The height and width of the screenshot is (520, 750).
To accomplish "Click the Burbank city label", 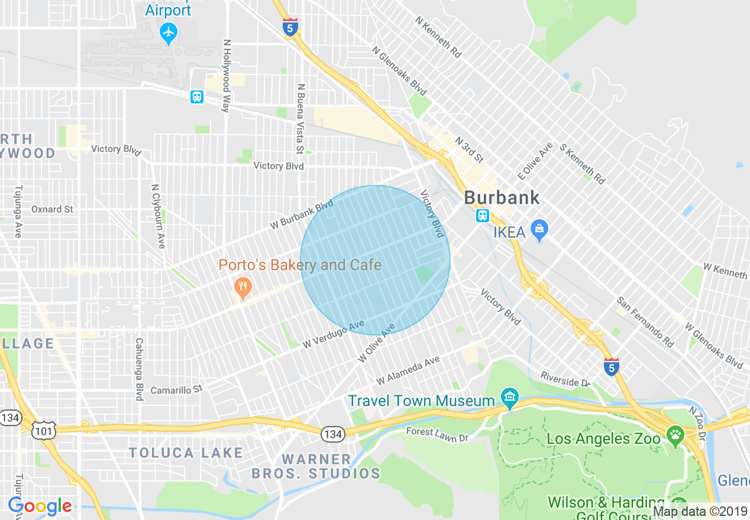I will point(502,197).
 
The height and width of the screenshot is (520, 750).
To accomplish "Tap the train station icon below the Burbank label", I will point(483,215).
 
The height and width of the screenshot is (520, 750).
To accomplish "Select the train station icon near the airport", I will point(197,96).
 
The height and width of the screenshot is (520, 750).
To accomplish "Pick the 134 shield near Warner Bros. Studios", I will point(333,435).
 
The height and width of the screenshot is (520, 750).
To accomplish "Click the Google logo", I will point(40,506).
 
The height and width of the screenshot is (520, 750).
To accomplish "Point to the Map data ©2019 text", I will point(699,511).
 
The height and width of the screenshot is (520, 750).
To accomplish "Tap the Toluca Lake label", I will point(186,453).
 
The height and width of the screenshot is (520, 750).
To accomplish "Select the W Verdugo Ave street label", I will point(333,334).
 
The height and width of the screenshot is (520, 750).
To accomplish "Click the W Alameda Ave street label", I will point(408,370).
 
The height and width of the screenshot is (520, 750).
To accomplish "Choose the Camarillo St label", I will point(176,389).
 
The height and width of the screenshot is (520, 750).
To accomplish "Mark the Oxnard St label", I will point(52,209).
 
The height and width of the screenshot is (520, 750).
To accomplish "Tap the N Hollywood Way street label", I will point(226,76).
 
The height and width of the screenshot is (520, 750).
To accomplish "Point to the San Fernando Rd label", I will point(645,321).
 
